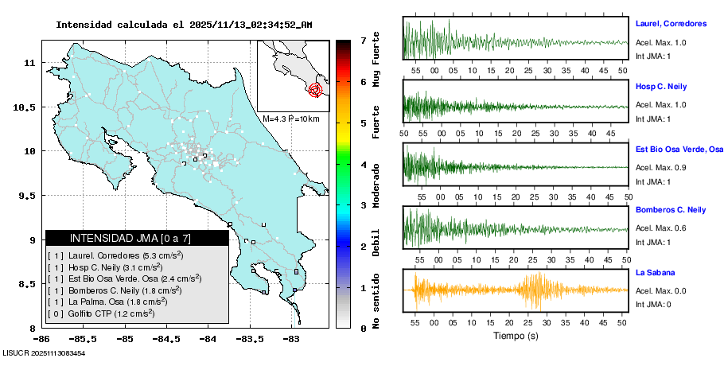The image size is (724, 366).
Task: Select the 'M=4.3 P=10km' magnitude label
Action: point(290,119)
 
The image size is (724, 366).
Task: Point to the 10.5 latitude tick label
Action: point(29,107)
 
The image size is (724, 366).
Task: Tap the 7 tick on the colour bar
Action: point(363,40)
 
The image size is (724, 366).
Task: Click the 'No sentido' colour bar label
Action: point(376,302)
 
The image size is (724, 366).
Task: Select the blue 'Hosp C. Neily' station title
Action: point(660,86)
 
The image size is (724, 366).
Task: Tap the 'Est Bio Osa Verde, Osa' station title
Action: point(679,149)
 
